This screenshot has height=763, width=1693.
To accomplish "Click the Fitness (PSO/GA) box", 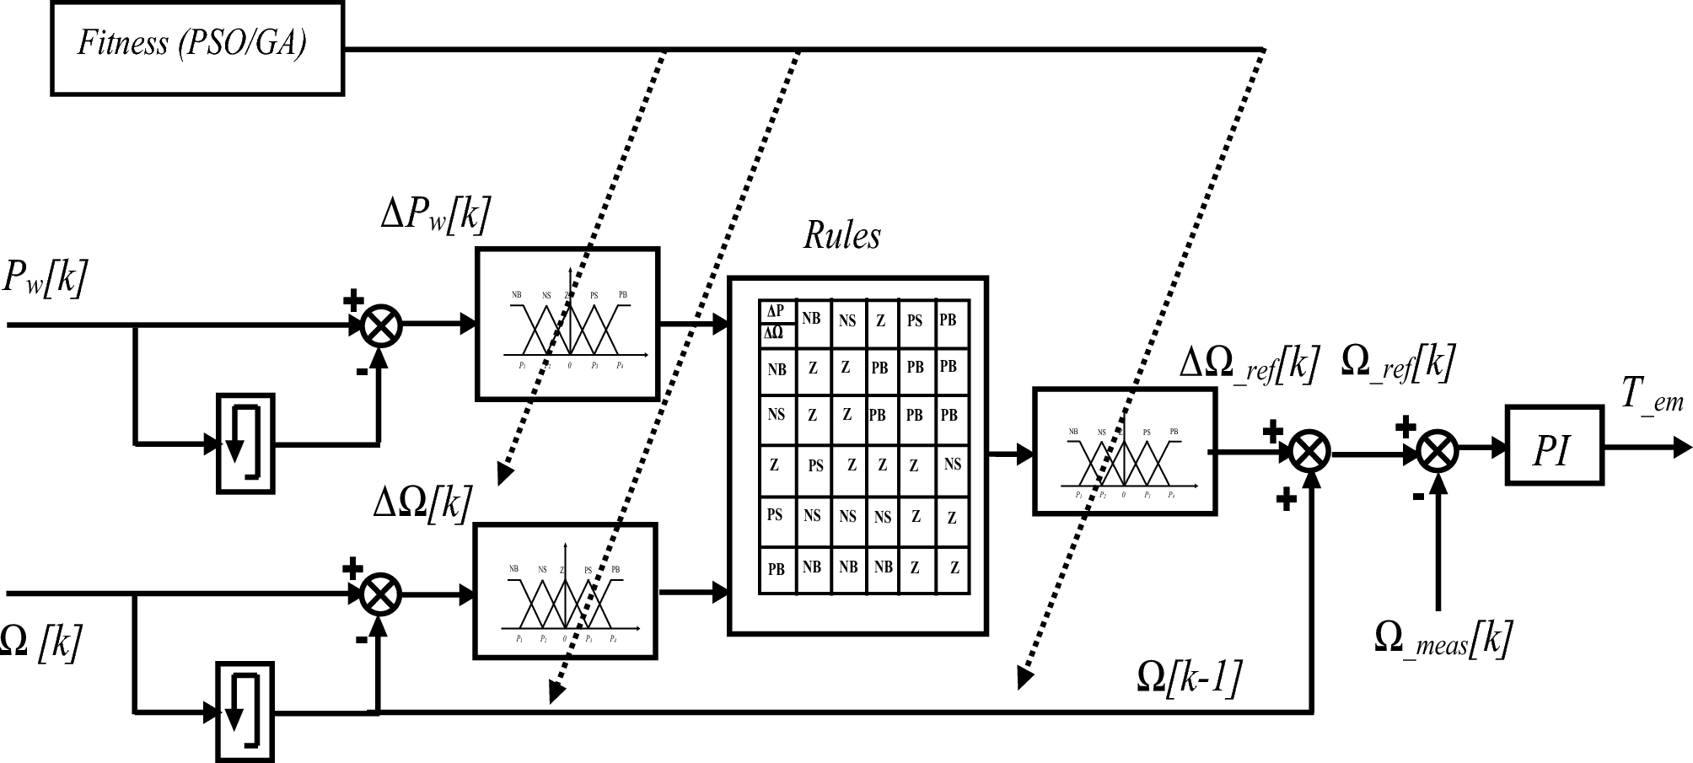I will [197, 47].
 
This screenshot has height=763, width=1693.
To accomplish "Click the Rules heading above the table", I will [841, 235].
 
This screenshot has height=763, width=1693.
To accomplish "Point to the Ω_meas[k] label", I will [1443, 638].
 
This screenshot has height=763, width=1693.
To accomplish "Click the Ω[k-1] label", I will [1189, 676].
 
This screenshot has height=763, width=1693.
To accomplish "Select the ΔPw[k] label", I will [435, 215].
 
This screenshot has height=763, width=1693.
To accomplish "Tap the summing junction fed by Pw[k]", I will [381, 325].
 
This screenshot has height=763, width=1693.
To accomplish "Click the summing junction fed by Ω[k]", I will [381, 594].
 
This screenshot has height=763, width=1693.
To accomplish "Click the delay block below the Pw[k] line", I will [245, 443].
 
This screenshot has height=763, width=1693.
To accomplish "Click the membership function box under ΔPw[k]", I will [567, 324].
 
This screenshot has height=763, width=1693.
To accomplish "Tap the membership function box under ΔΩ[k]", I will [565, 590].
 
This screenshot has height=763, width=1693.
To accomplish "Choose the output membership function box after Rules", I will [1125, 451].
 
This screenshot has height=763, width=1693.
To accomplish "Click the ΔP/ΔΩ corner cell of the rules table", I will [777, 322].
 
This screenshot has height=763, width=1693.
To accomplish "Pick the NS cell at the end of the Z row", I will [952, 465].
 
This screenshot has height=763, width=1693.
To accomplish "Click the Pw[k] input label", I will [46, 278].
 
